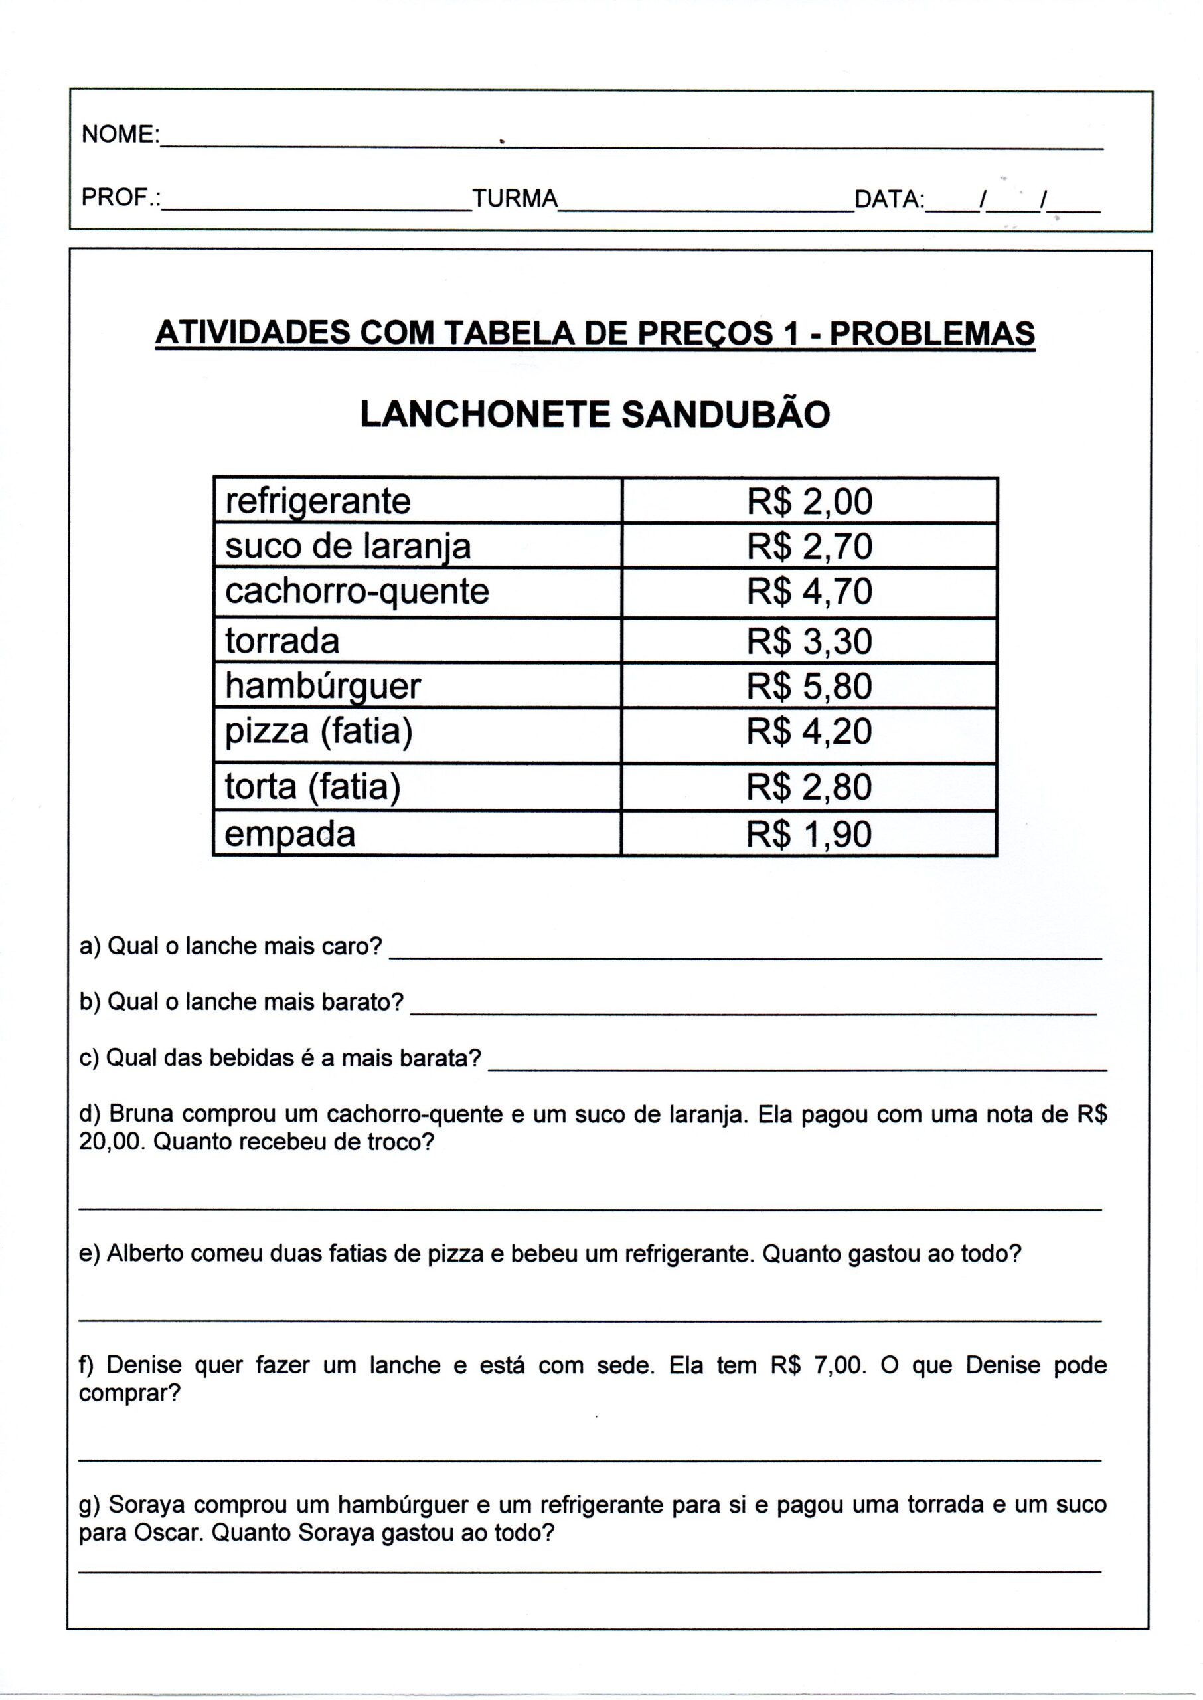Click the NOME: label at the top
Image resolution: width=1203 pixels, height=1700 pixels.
(x=120, y=135)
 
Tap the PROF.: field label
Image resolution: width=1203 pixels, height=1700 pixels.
(x=121, y=198)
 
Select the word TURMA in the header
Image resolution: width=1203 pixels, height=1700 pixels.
(x=515, y=199)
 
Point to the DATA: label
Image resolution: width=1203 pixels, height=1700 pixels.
(x=889, y=199)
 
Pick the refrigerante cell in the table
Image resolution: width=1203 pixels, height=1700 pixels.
(x=318, y=501)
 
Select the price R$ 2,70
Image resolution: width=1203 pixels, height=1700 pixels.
(x=810, y=547)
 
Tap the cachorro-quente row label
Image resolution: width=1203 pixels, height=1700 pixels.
(x=357, y=592)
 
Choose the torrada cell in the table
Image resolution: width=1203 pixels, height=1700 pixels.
(x=282, y=641)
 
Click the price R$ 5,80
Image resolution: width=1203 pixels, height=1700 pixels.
(x=810, y=686)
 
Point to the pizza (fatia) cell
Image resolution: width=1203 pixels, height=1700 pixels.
(x=319, y=732)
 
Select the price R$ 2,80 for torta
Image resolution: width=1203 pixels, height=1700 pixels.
(x=810, y=787)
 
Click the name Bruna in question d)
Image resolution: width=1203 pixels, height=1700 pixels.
(x=137, y=1114)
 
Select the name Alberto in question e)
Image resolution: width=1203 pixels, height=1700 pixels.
(x=143, y=1253)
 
